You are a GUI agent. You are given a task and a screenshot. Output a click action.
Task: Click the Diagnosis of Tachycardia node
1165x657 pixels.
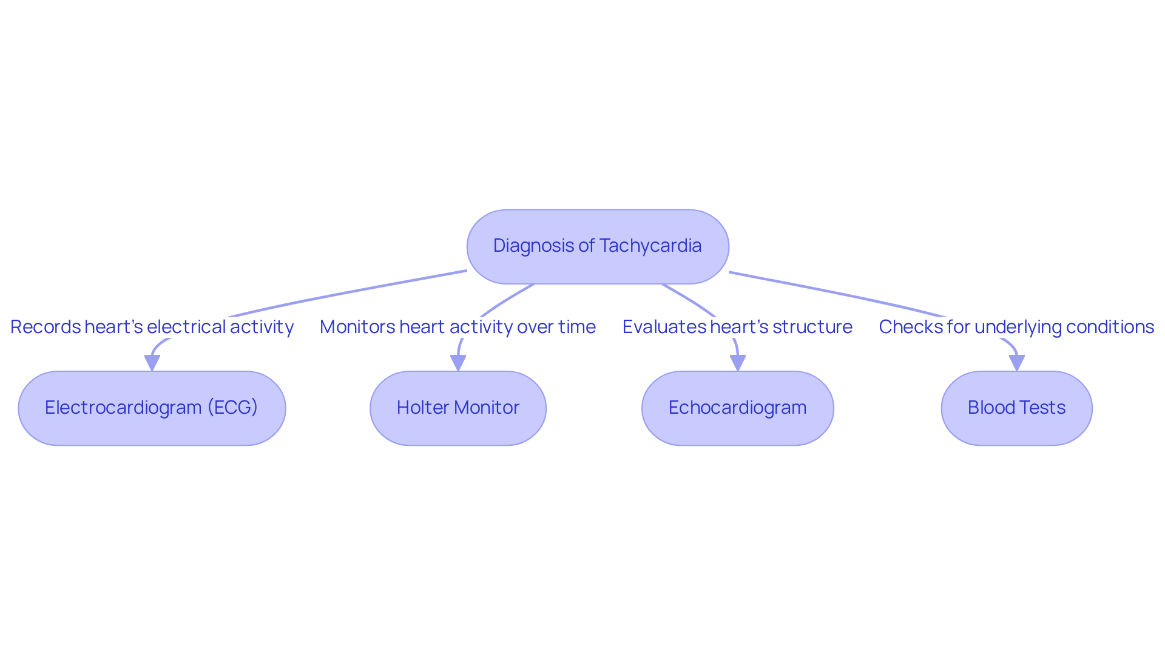point(597,247)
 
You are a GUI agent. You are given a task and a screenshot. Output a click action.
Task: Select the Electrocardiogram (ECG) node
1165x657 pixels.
point(152,408)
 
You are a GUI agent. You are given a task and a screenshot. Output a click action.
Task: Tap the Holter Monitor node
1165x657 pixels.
point(458,408)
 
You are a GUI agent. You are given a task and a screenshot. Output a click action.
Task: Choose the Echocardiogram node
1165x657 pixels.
point(737,408)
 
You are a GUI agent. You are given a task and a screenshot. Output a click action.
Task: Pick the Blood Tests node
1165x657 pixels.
point(1016,408)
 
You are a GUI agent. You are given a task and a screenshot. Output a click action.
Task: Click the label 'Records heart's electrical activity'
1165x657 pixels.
point(152,327)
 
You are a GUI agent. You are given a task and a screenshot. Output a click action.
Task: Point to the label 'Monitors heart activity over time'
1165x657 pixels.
point(458,327)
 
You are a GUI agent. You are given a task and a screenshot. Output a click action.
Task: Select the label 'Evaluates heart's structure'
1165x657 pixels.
point(737,327)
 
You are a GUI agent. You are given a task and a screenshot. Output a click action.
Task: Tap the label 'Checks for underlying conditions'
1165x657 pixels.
point(1016,327)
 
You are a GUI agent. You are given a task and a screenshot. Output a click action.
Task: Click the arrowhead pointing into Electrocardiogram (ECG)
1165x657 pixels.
point(152,363)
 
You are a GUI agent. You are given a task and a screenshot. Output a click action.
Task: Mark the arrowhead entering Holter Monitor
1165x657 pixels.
point(458,363)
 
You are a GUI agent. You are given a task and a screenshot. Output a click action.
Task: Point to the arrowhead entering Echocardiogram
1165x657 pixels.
point(737,363)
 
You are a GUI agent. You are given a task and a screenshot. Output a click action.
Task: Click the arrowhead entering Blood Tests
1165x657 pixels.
point(1016,363)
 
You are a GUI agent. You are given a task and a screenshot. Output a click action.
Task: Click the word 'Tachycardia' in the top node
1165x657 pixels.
point(650,246)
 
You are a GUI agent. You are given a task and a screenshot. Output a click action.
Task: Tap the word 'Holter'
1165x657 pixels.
point(423,408)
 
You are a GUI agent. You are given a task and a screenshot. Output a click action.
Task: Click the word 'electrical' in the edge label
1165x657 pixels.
point(185,327)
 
